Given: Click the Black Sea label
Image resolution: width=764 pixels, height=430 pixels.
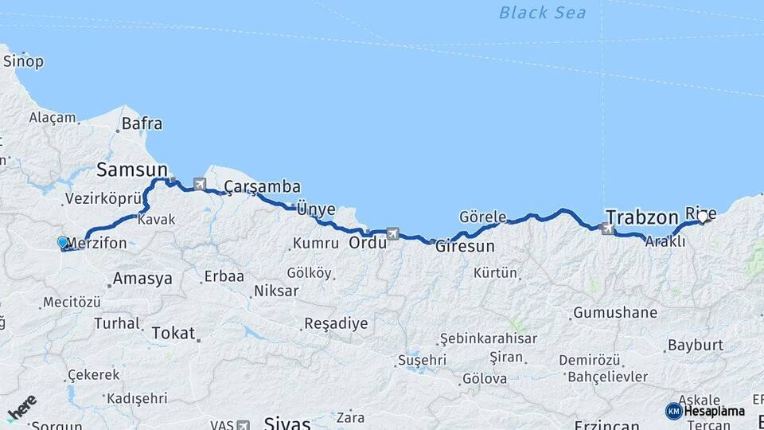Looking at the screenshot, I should pos(543,13).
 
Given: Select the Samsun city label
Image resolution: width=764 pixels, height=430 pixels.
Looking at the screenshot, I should pos(132,170).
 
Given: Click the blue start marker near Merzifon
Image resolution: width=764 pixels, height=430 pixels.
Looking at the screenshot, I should pos(63,242).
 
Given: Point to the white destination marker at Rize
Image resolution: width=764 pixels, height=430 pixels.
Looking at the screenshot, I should pos(702,217).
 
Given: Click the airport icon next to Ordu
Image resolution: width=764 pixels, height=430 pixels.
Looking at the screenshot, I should pos(392,233).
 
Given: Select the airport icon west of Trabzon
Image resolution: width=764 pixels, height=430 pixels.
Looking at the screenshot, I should pos(608,229).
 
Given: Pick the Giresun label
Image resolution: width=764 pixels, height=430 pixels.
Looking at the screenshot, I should pos(465,246).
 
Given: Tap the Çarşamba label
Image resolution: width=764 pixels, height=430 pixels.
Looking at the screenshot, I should pos(262,187).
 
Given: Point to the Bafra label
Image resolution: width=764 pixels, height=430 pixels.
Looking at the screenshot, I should pos(142,123).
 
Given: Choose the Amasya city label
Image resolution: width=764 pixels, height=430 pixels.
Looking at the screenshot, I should pos(142,279).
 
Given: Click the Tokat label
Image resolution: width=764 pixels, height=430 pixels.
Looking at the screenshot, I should pos(173,333).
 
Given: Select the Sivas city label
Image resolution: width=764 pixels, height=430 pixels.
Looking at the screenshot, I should pos(286,423).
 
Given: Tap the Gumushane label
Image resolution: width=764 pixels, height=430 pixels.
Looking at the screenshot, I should pos(615,312).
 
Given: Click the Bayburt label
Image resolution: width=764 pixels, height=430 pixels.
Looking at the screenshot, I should pos(696,345).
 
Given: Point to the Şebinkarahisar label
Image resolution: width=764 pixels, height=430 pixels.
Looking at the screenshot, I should pos(488,338).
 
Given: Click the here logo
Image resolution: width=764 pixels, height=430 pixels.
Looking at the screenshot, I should pos(22,408).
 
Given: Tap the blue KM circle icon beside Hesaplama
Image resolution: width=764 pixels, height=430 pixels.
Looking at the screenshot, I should pos(673,411).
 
